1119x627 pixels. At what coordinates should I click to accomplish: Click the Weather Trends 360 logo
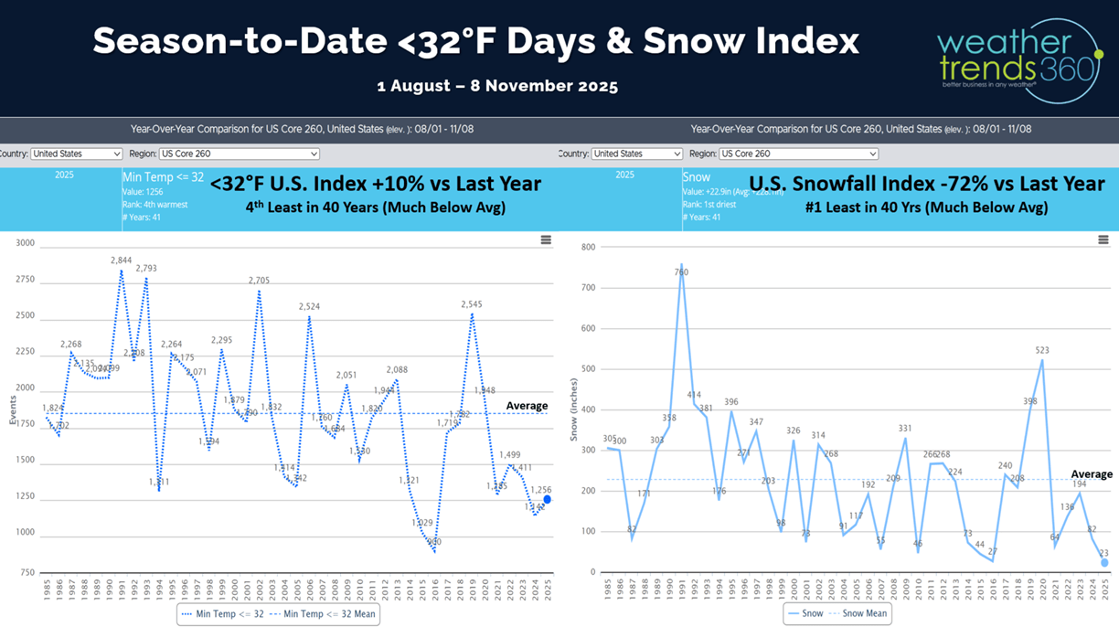click(1020, 59)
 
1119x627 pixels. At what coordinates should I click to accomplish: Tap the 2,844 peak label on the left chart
click(122, 260)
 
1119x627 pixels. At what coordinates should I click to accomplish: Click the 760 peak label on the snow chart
click(681, 272)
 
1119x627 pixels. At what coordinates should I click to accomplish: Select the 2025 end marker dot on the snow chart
click(1104, 563)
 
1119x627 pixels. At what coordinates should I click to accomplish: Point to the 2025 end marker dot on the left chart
click(547, 500)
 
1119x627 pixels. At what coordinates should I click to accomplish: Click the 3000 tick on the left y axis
click(25, 243)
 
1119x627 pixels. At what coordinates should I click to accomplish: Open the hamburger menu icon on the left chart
click(546, 240)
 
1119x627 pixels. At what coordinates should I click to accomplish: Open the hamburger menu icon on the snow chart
click(1103, 240)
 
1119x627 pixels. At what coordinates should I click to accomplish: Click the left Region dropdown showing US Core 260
click(239, 154)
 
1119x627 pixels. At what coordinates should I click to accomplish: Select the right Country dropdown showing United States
click(636, 154)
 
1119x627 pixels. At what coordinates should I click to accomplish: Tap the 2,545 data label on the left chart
click(472, 304)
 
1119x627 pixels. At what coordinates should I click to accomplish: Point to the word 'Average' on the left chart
click(527, 406)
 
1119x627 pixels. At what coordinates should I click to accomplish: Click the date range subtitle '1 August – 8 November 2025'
click(497, 87)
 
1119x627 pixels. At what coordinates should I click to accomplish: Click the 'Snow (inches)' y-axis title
click(574, 409)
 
